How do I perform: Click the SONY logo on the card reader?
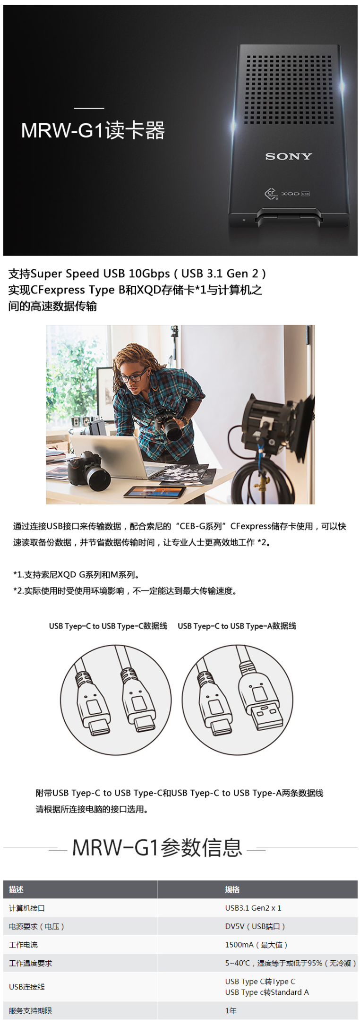point(289,156)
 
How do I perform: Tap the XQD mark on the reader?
point(291,194)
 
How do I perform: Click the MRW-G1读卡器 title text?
point(93,130)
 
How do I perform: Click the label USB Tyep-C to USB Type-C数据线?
point(108,626)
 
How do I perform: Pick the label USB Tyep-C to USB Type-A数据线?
point(237,626)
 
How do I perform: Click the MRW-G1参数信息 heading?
point(157,847)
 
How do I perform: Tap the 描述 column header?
point(16,889)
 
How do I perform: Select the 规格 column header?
point(232,889)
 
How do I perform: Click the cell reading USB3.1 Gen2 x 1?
point(253,908)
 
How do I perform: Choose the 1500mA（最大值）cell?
point(256,945)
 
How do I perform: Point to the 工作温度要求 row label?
point(31,963)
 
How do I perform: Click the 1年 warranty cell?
point(231,1010)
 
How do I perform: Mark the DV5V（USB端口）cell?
point(255,926)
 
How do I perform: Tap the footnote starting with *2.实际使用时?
point(125,591)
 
